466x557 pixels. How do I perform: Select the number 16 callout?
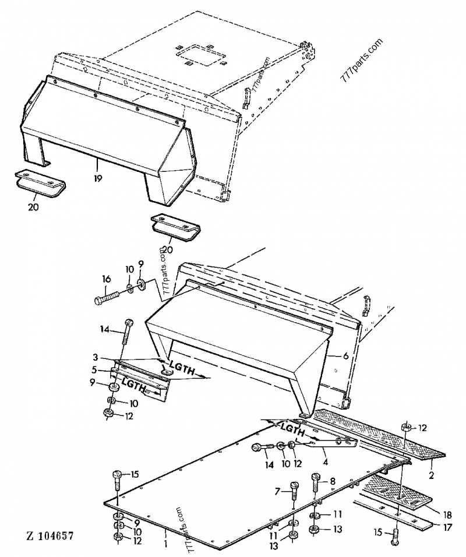click(x=106, y=280)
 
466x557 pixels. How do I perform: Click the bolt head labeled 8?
click(x=316, y=480)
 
